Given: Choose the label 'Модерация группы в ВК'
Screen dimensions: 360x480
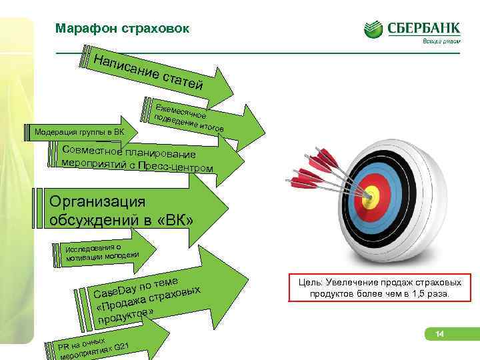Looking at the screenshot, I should point(79,130).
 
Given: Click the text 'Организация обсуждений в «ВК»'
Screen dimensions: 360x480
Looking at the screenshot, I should point(120,210).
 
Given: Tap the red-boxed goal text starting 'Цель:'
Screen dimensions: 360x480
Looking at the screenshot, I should point(379,288).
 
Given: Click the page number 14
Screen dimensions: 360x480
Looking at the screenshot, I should point(439,333).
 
